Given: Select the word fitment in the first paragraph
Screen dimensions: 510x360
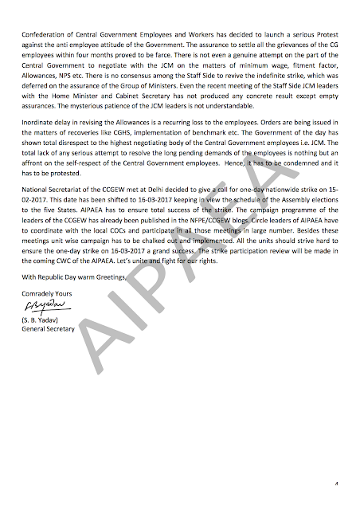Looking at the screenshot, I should coord(292,66).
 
